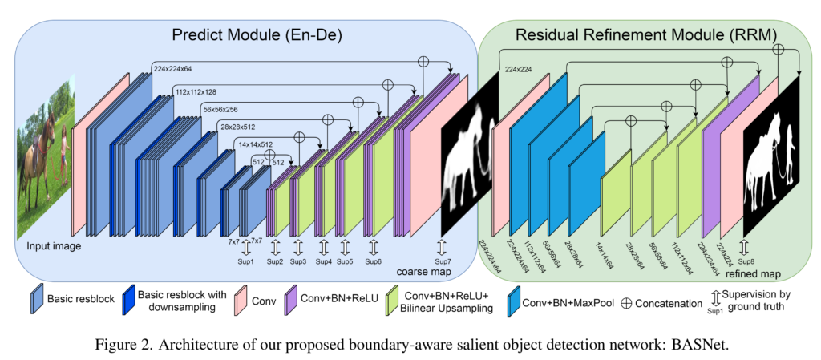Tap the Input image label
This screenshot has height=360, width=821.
pos(55,245)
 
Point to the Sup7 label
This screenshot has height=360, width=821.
pos(442,260)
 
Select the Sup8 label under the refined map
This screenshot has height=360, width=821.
pos(746,260)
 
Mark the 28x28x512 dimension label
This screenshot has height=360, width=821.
pos(239,127)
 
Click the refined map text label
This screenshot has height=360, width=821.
pos(753,273)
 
